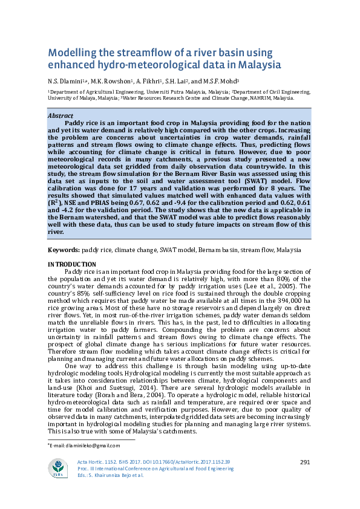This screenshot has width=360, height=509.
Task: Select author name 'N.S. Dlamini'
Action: click(x=65, y=81)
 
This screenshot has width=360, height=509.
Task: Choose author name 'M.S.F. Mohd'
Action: click(x=224, y=81)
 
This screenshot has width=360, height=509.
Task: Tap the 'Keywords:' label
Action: click(x=63, y=250)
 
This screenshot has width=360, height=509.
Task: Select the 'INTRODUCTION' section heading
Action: click(x=71, y=265)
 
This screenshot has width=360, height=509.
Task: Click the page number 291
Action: click(x=305, y=462)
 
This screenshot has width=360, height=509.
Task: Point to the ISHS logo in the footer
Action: click(x=58, y=469)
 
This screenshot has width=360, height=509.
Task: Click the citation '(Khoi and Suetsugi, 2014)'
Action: click(x=99, y=361)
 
